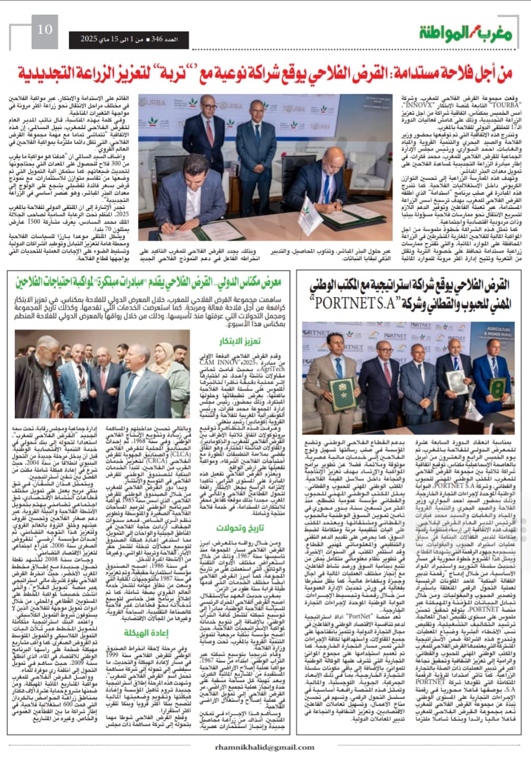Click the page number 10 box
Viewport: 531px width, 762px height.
coord(45,29)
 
